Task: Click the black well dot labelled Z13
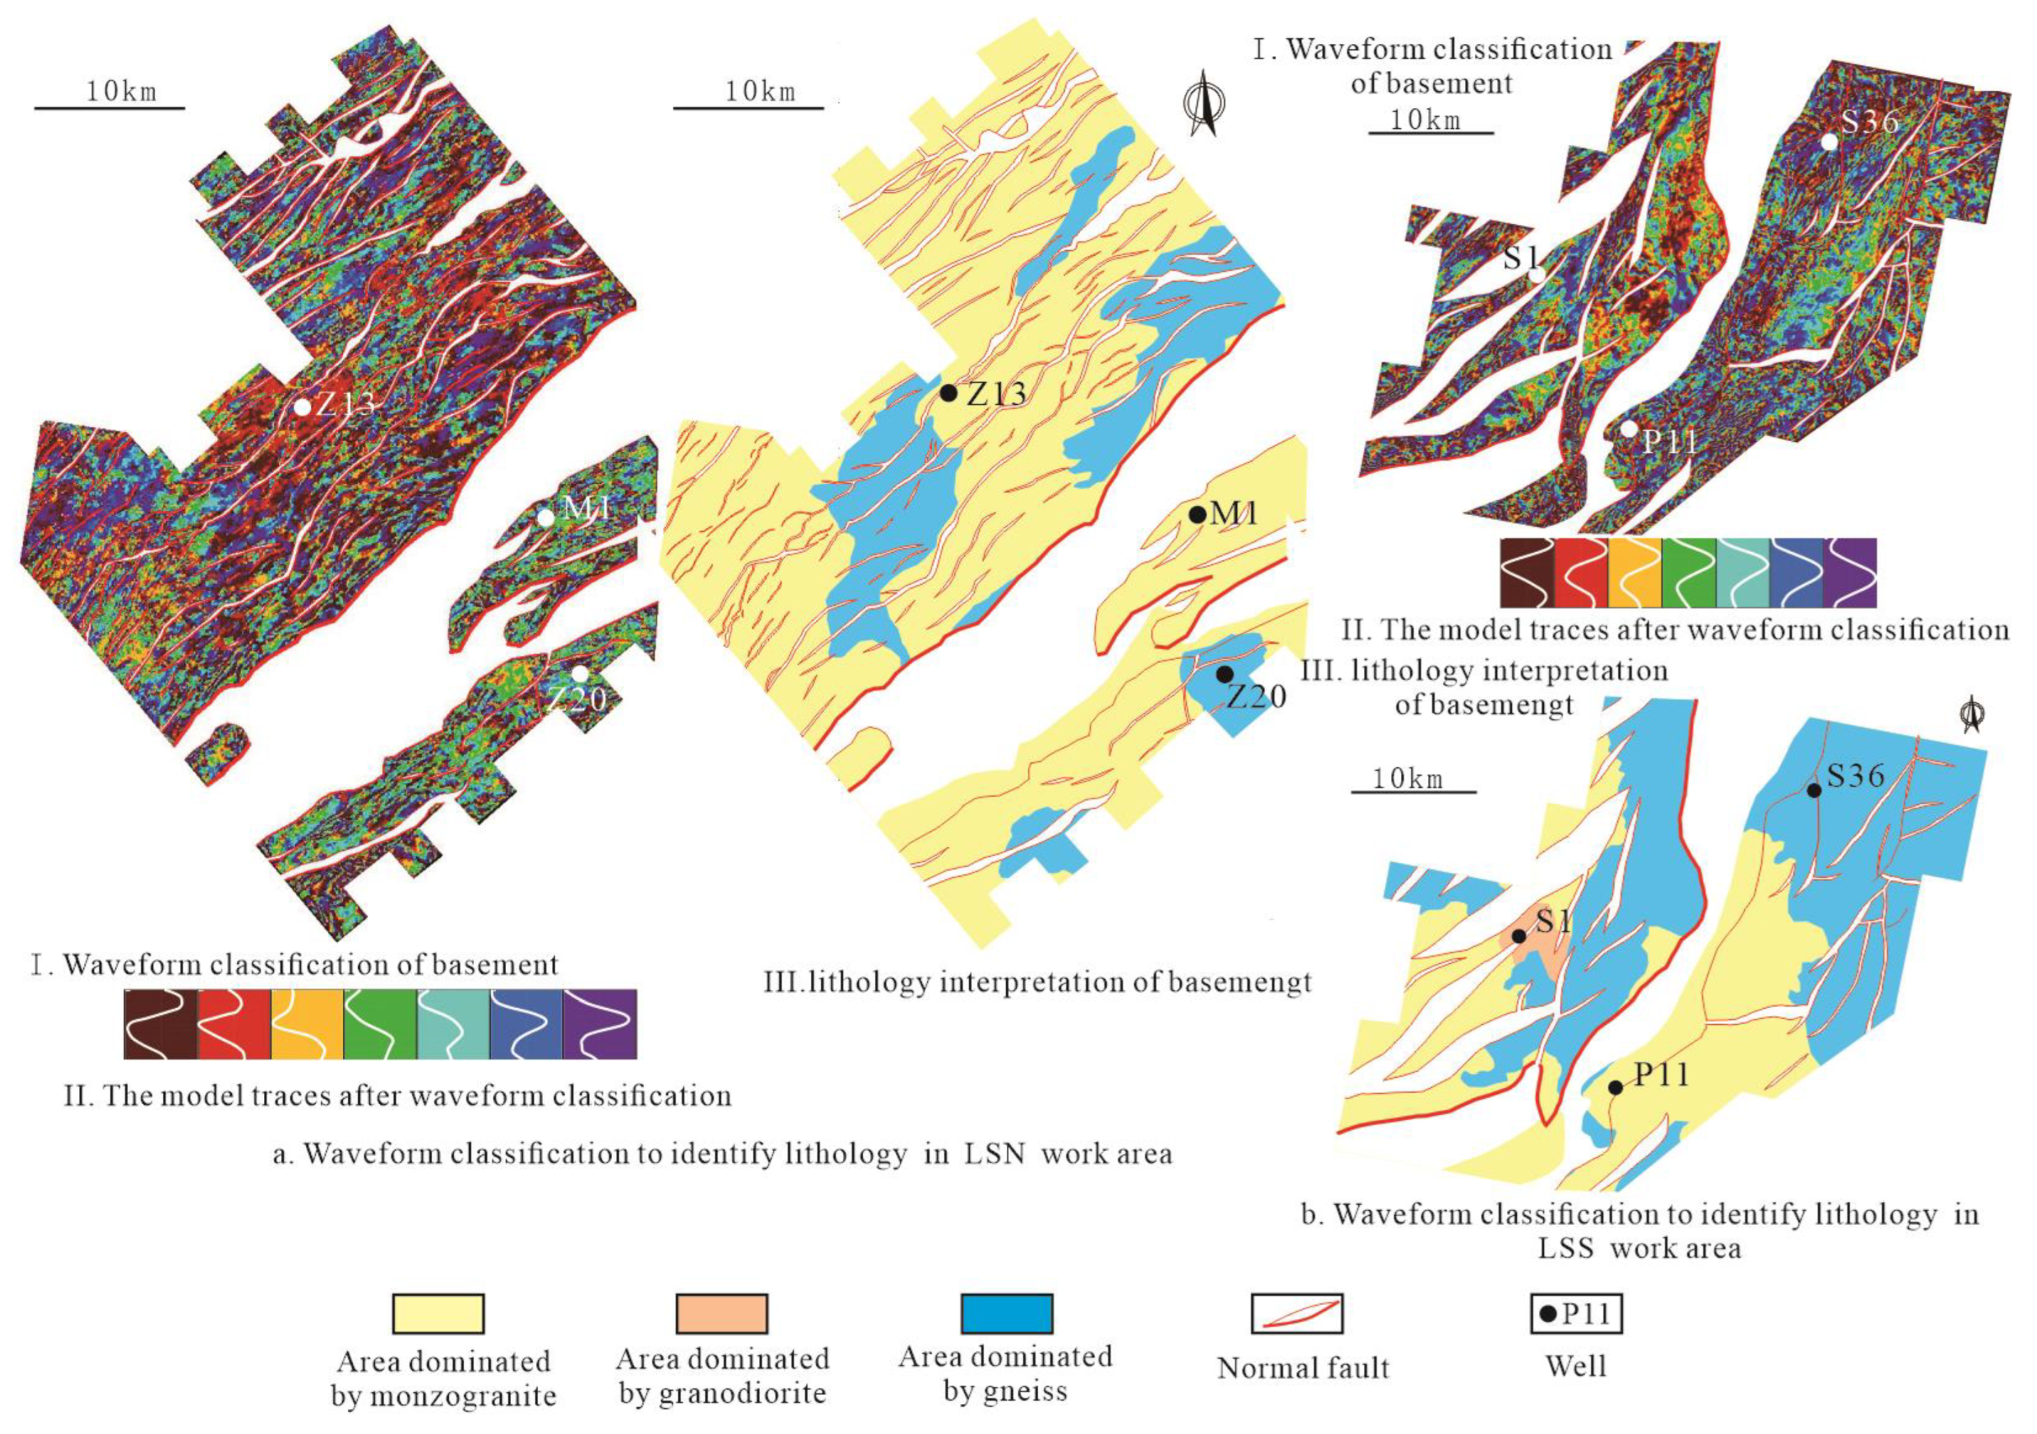coord(948,392)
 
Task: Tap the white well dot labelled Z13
coord(303,407)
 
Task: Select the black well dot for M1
coord(1197,513)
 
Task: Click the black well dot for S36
coord(1814,790)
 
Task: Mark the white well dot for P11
coord(1629,428)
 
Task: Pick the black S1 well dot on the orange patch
coord(1519,935)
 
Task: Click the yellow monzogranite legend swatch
coord(438,1313)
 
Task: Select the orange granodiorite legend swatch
coord(722,1313)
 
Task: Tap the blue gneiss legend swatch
coord(1007,1313)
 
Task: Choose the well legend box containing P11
coord(1576,1313)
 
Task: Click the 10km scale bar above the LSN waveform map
coord(109,107)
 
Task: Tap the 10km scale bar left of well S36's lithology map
coord(1413,790)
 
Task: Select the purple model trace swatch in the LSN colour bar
coord(600,1024)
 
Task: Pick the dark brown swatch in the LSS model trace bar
coord(1526,572)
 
